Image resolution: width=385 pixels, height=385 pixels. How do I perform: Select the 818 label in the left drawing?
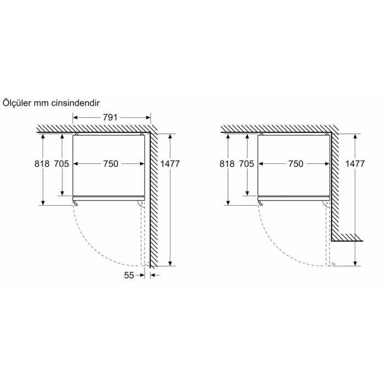[x=42, y=163]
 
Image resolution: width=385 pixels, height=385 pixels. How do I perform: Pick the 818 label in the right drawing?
[x=227, y=163]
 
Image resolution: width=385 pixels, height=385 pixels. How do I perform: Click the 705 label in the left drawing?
[x=62, y=163]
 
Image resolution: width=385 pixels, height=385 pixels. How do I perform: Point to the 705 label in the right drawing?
[x=246, y=163]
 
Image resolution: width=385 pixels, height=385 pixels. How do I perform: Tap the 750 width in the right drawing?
[x=296, y=163]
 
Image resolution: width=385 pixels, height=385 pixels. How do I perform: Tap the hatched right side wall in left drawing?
[x=155, y=209]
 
